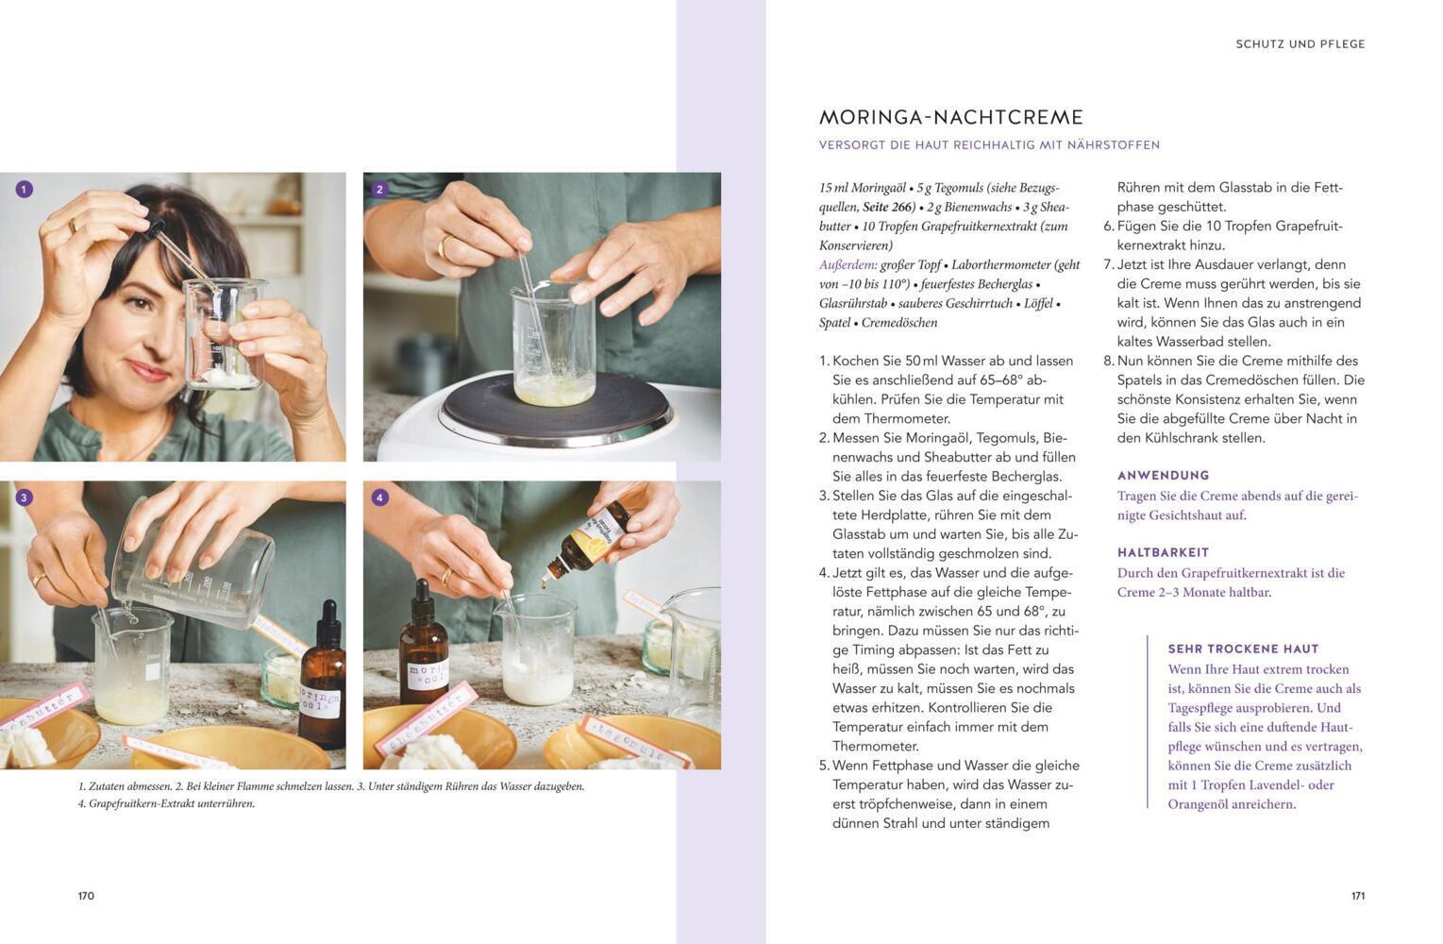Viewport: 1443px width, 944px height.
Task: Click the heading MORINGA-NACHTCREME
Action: click(951, 117)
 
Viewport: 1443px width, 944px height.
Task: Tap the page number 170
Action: click(86, 896)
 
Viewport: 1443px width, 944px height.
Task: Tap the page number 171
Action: click(1358, 896)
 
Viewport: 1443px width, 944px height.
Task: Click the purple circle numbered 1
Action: click(24, 190)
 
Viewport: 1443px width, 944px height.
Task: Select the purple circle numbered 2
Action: click(379, 190)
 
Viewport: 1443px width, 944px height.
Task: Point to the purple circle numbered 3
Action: click(24, 497)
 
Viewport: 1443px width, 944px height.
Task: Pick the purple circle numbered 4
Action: click(379, 497)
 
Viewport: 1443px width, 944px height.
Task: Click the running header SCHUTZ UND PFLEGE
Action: click(1300, 44)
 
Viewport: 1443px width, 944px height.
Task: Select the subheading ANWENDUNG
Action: click(1164, 476)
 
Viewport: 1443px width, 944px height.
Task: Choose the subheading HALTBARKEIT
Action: click(1164, 553)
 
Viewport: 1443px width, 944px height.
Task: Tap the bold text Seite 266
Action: click(888, 207)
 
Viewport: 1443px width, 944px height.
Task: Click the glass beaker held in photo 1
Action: click(226, 334)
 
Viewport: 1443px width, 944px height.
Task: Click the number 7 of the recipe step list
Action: click(1108, 265)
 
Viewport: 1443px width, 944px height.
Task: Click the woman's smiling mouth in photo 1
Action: click(148, 371)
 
